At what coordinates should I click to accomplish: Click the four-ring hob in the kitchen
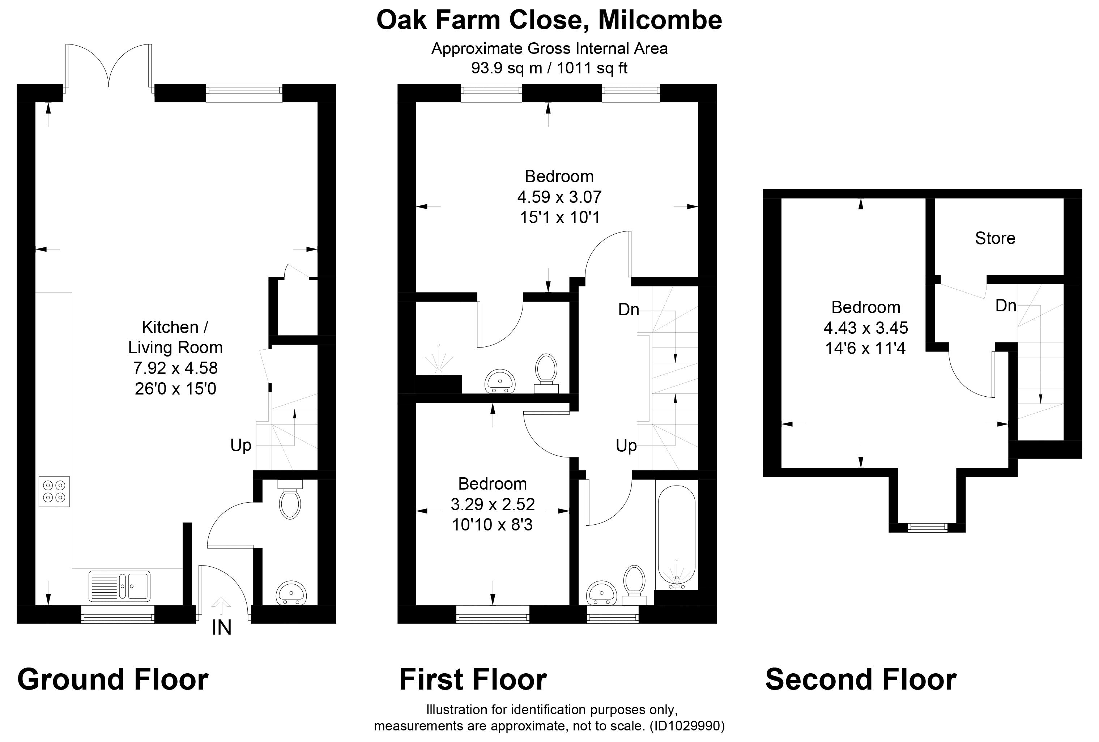pyautogui.click(x=54, y=491)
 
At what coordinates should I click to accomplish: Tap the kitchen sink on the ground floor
pyautogui.click(x=119, y=586)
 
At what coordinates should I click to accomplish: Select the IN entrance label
pyautogui.click(x=221, y=628)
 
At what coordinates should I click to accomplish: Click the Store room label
pyautogui.click(x=995, y=238)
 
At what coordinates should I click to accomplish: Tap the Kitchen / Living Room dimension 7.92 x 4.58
pyautogui.click(x=175, y=367)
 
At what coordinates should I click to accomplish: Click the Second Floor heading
pyautogui.click(x=861, y=679)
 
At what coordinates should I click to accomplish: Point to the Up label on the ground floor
pyautogui.click(x=241, y=445)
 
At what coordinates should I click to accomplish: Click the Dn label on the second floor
pyautogui.click(x=1006, y=306)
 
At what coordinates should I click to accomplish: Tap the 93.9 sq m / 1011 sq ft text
pyautogui.click(x=549, y=68)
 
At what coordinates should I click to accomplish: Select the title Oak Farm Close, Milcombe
pyautogui.click(x=549, y=20)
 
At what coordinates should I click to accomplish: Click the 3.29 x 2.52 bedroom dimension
pyautogui.click(x=493, y=504)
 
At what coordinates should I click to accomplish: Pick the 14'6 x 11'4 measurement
pyautogui.click(x=865, y=348)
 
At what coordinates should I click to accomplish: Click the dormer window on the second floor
pyautogui.click(x=927, y=527)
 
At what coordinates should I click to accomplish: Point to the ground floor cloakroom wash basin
pyautogui.click(x=291, y=593)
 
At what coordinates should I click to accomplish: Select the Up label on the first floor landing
pyautogui.click(x=626, y=445)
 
